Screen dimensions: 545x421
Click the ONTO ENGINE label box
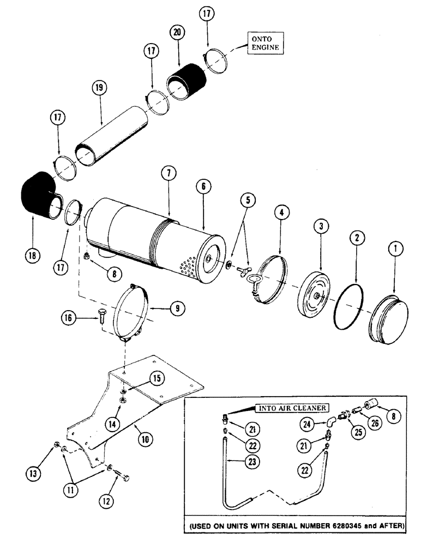click(x=264, y=43)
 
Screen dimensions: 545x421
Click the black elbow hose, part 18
click(x=38, y=199)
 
